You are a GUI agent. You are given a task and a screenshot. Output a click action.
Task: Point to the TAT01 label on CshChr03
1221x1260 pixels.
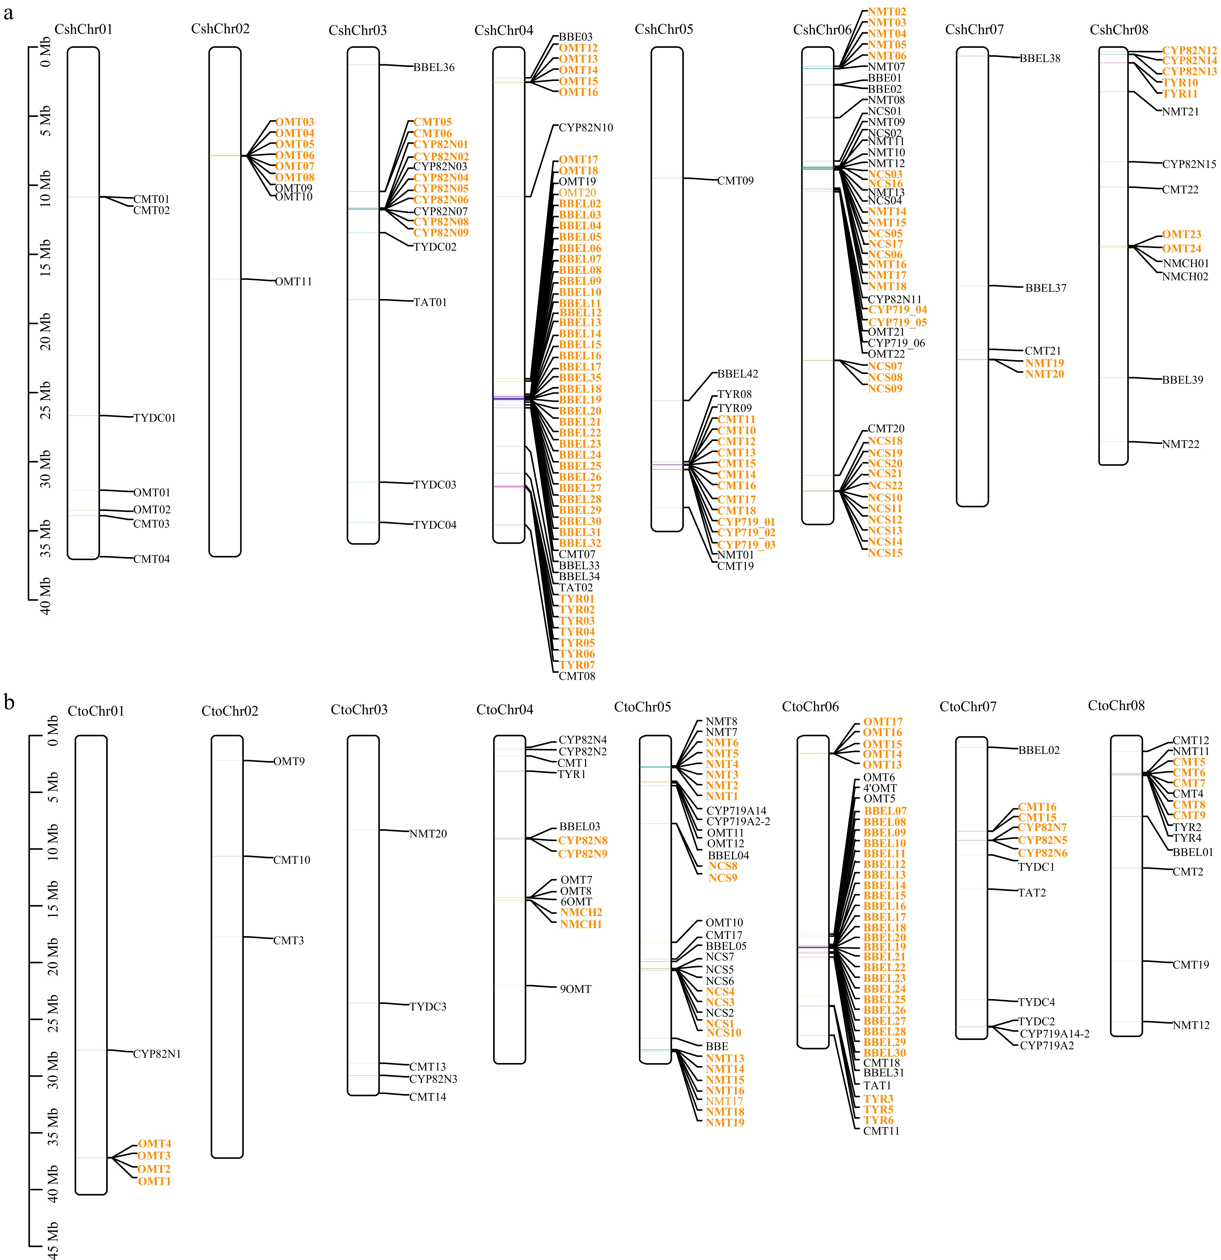[430, 302]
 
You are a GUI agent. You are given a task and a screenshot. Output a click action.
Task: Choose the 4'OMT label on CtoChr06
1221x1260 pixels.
[880, 788]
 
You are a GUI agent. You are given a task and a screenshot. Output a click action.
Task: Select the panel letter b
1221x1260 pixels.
[9, 702]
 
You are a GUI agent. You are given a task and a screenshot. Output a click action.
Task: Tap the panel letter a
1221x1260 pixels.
[8, 13]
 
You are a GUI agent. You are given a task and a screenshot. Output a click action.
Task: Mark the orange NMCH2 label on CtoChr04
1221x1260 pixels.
[581, 912]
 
